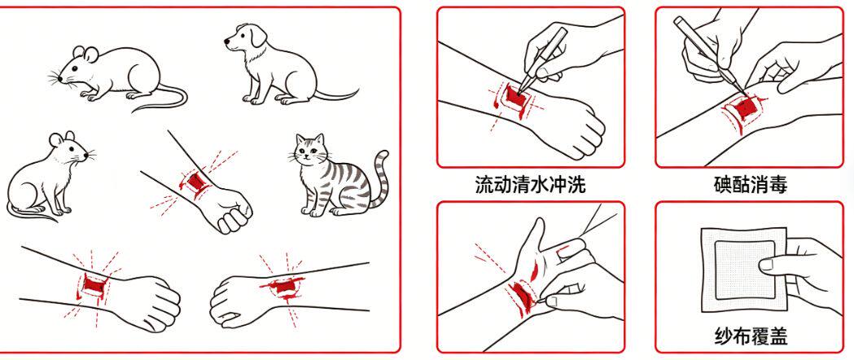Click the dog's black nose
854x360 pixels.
[x=227, y=42]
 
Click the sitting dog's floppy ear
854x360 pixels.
[x=258, y=36]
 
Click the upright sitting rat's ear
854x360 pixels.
[x=56, y=139]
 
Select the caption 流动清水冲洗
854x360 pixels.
[x=530, y=185]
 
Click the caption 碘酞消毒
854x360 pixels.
[x=751, y=185]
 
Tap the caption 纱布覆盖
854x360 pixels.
[x=751, y=336]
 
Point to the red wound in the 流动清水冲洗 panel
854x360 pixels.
[x=515, y=97]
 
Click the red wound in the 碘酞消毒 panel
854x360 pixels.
[x=744, y=108]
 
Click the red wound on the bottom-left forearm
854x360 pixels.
[x=93, y=284]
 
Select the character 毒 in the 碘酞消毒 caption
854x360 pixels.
[x=778, y=185]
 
